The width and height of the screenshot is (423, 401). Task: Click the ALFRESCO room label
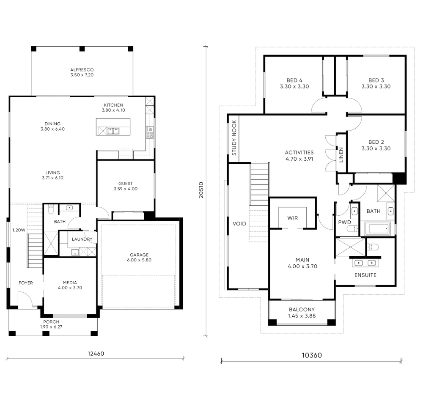[82, 70]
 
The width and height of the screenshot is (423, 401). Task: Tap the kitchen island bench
[113, 127]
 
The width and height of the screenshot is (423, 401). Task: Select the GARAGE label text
[139, 255]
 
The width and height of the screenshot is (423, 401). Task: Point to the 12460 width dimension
[96, 354]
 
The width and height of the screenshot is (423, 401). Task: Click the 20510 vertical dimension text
[201, 190]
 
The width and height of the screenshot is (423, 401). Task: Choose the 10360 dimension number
[312, 355]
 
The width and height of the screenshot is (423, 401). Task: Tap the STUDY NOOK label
[234, 138]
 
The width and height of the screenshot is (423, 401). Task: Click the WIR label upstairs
[292, 218]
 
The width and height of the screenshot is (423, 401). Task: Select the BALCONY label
[302, 310]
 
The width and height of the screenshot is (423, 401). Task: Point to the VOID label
[239, 224]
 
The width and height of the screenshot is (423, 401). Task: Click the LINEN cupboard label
[341, 155]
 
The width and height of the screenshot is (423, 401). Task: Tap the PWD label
[344, 222]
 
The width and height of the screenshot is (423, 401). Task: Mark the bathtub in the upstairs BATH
[377, 229]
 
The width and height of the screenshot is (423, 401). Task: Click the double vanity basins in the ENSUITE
[365, 263]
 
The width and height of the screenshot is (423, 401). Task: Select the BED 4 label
[294, 80]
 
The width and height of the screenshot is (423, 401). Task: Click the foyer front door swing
[25, 299]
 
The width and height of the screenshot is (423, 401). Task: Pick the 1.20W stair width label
[19, 230]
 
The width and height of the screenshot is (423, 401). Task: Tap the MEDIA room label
[70, 283]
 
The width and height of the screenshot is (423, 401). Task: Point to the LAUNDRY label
[82, 239]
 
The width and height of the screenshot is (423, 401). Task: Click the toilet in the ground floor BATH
[51, 209]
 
